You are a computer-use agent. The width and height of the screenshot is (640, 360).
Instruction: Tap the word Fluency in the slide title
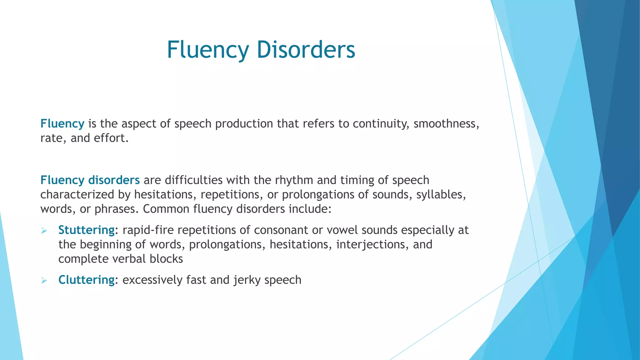tap(208, 50)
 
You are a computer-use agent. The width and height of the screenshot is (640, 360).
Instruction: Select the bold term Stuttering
tap(86, 230)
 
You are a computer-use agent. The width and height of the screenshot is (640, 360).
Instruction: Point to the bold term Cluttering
tap(86, 280)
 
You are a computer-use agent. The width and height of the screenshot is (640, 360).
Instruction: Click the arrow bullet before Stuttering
tap(44, 231)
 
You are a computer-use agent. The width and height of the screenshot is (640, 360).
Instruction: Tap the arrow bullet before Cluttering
tap(44, 281)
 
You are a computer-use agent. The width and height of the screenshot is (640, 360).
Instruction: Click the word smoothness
tap(446, 124)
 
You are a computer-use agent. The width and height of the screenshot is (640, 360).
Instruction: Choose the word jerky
tap(247, 280)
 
